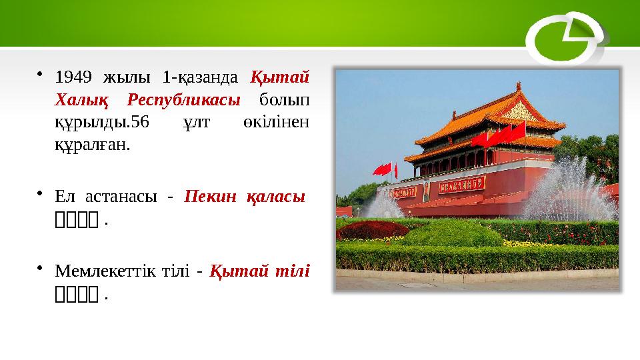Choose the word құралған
pyautogui.click(x=87, y=145)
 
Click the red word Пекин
pyautogui.click(x=207, y=197)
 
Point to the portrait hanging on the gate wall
pyautogui.click(x=426, y=191)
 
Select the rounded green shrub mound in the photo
pyautogui.click(x=453, y=233)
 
